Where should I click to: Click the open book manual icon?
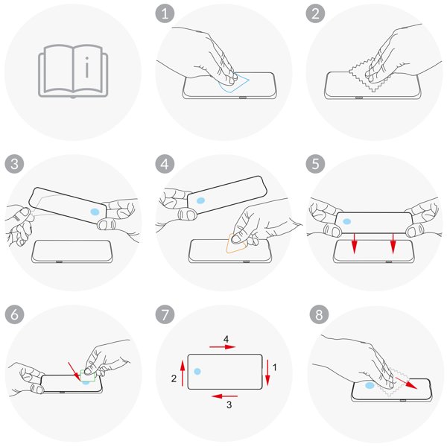point(73,71)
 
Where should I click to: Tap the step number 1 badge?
point(165,13)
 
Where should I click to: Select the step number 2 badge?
point(315,13)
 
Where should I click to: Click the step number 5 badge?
point(315,164)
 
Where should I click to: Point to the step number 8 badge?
point(319,314)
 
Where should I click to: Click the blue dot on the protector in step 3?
point(95,212)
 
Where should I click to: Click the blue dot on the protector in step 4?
point(200,200)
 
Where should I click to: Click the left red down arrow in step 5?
point(354,243)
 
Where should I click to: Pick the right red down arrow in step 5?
point(393,243)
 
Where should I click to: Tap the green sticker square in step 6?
point(88,375)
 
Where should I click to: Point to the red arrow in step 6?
point(74,371)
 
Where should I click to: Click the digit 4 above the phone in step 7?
point(226,339)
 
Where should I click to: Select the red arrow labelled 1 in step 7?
point(267,372)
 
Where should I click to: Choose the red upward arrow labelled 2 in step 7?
point(183,373)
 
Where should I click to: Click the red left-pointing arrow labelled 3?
point(225,396)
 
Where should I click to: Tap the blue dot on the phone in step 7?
point(197,371)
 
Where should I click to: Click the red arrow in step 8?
point(406,383)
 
